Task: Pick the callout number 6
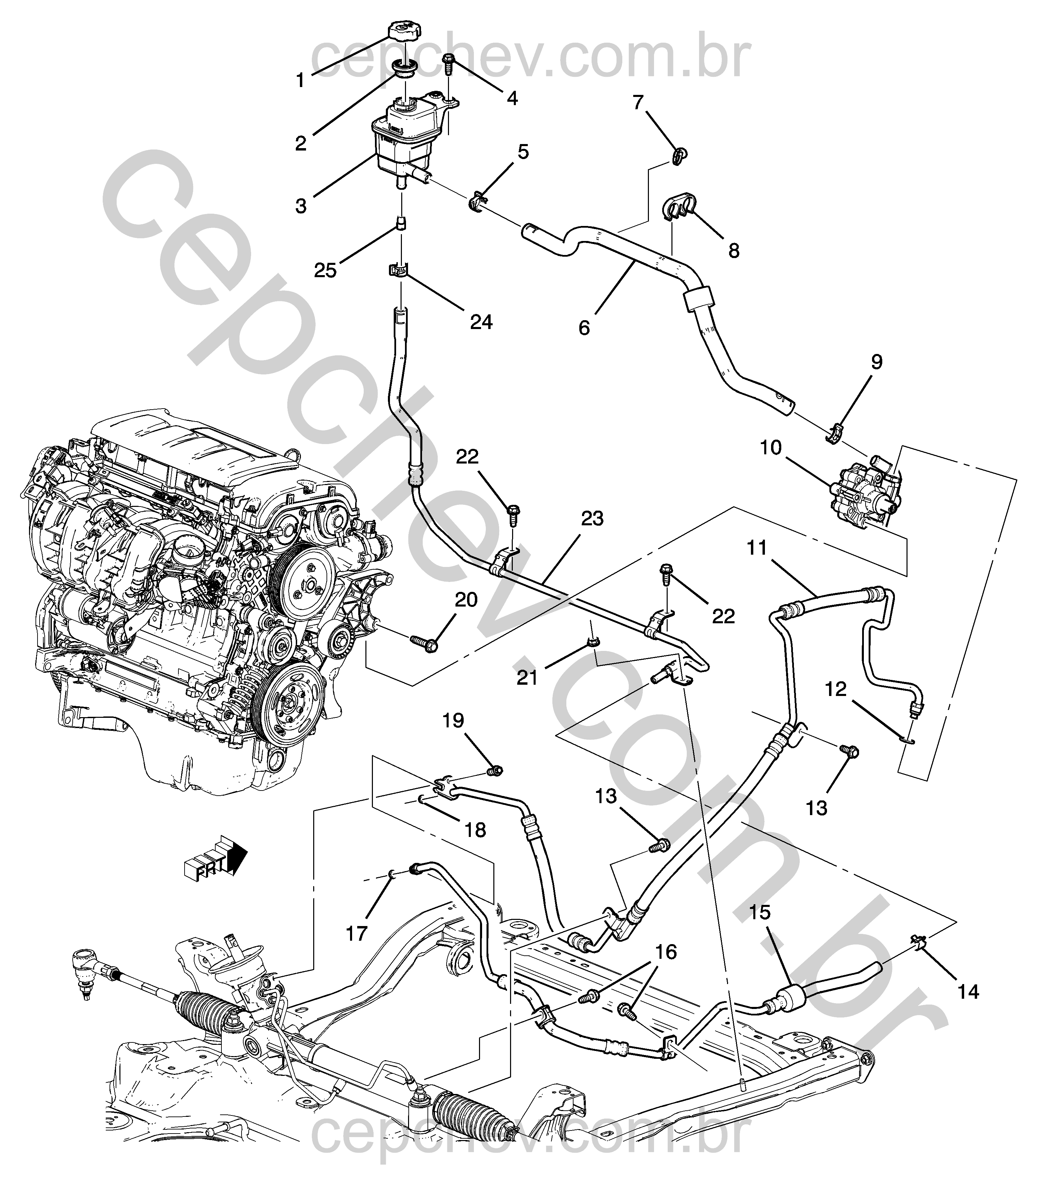click(x=584, y=328)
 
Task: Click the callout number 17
click(x=357, y=934)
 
